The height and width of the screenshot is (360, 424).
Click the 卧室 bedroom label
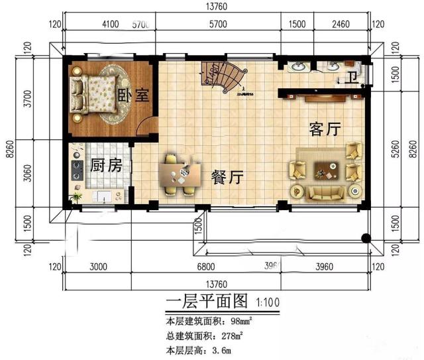[133, 94]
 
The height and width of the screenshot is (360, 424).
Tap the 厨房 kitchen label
[105, 165]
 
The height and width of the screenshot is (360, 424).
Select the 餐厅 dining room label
[228, 178]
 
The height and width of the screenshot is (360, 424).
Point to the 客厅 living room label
[325, 129]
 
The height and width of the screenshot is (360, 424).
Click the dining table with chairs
[179, 175]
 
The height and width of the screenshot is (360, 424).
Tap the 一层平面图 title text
[207, 302]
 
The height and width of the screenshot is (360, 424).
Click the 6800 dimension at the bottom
[206, 267]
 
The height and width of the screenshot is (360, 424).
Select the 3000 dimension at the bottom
[97, 267]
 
